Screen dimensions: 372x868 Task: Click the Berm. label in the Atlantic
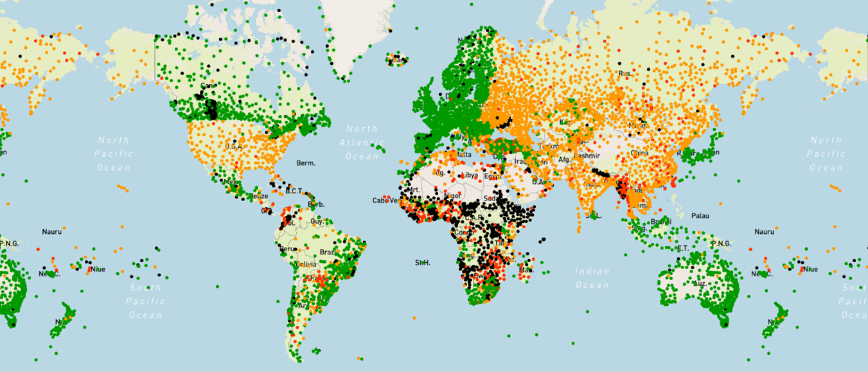pos(306,163)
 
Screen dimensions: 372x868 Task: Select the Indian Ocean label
pos(592,278)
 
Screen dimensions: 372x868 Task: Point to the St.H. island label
pos(422,263)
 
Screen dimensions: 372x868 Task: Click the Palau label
pos(700,216)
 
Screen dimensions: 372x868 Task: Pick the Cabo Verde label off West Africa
pos(386,200)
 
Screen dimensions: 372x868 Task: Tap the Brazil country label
pos(329,252)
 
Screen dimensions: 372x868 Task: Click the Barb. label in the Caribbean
pos(316,204)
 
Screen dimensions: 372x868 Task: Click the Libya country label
pos(470,175)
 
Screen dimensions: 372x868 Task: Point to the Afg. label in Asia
pos(565,159)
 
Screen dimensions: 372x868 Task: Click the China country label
pos(639,154)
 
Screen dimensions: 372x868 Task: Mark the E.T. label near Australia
pos(682,248)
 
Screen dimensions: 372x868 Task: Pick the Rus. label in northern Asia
pos(624,73)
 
